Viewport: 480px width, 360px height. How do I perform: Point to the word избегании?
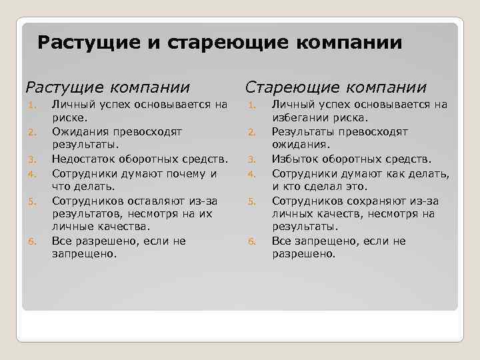pos(301,118)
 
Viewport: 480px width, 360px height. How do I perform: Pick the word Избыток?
pos(295,159)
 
